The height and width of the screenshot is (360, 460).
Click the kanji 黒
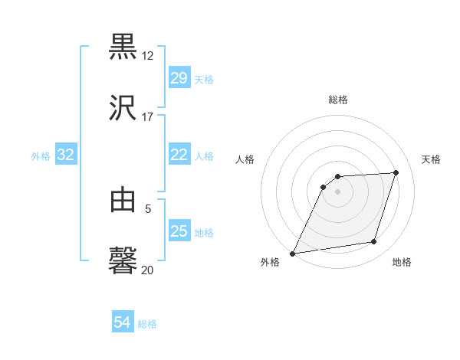[x=123, y=46]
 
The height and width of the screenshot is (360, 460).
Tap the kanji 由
[x=123, y=200]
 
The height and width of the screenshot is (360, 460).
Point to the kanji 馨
[x=123, y=260]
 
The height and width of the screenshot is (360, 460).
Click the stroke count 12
[x=148, y=56]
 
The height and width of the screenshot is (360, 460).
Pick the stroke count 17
[x=148, y=117]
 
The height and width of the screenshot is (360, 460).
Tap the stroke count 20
[x=148, y=270]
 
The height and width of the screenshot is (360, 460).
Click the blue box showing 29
[x=179, y=78]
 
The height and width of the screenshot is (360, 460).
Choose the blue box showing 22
[x=179, y=155]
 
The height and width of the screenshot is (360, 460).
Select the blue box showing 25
[x=179, y=231]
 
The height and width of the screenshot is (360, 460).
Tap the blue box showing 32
[x=66, y=155]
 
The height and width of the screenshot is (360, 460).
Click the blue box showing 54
[x=122, y=323]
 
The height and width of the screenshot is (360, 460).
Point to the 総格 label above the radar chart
[x=338, y=100]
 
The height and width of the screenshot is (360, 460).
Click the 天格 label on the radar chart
[x=431, y=159]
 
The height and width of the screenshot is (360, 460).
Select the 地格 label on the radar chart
[x=402, y=263]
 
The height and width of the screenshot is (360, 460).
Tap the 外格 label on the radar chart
[x=270, y=263]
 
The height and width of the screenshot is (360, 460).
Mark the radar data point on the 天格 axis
[x=396, y=172]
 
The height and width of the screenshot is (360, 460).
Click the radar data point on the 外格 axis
[x=293, y=253]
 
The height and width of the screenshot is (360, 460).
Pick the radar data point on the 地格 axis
[x=374, y=242]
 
